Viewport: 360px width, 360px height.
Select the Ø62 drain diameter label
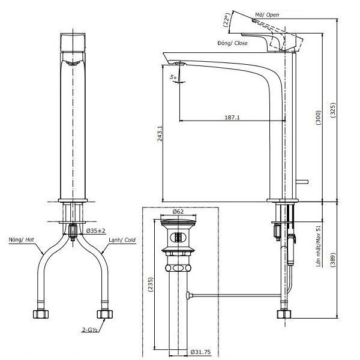tap(178, 212)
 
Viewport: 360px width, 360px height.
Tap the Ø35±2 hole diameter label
tap(95, 230)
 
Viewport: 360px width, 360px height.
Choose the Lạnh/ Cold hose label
tap(122, 240)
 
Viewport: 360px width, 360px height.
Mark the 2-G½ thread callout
tap(91, 329)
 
